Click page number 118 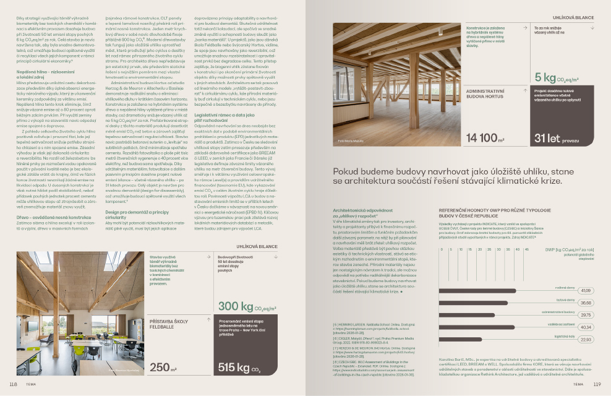[x=13, y=384]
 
